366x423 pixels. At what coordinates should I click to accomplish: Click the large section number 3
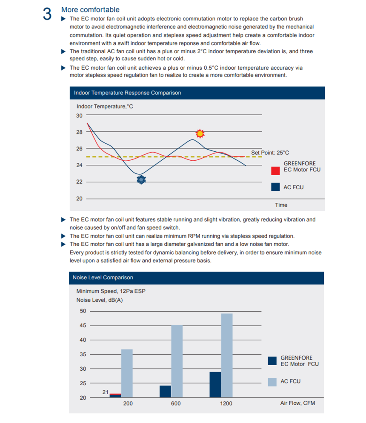tap(47, 14)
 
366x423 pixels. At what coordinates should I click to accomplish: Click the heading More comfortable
tap(90, 9)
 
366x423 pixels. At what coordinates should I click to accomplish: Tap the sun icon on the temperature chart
tap(200, 133)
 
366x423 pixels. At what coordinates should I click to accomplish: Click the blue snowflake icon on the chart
tap(141, 180)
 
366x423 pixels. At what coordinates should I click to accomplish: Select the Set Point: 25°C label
tap(270, 153)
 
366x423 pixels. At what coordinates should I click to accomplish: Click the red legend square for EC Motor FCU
tap(275, 170)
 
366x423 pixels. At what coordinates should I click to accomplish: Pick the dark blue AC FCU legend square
tap(275, 187)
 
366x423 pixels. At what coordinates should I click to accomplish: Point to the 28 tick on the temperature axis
tap(80, 132)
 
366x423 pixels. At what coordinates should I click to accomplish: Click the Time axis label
tap(281, 205)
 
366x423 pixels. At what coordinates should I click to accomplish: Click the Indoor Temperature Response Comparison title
tap(127, 93)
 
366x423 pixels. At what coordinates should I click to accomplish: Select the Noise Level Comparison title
tap(103, 278)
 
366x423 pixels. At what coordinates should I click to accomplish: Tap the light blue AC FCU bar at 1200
tap(227, 355)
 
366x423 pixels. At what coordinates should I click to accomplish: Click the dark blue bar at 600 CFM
tap(165, 391)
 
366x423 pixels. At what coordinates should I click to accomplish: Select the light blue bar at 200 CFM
tap(127, 373)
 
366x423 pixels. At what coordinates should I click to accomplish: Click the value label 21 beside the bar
tap(106, 392)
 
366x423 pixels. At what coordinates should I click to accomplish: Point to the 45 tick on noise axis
tap(83, 326)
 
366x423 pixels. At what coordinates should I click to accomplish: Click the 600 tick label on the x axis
tap(176, 403)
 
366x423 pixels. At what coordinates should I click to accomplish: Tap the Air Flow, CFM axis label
tap(297, 403)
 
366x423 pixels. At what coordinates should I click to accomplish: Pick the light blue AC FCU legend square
tap(272, 381)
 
